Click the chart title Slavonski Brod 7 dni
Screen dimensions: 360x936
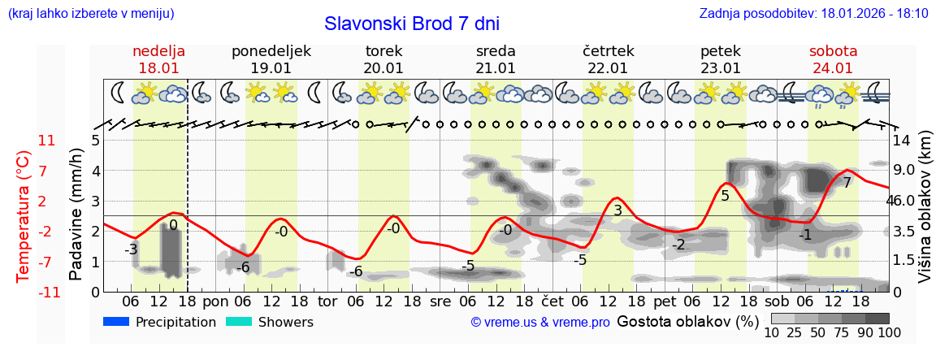[412, 24]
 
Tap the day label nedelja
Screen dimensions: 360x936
[159, 50]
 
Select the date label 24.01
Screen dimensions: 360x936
[832, 68]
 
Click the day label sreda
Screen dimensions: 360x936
[496, 50]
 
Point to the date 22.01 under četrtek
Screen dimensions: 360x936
[608, 68]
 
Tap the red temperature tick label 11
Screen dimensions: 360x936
[47, 141]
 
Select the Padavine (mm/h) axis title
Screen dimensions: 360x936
[76, 215]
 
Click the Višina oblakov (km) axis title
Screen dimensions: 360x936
[925, 208]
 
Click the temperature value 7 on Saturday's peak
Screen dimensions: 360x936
[847, 183]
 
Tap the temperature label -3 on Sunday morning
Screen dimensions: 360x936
[131, 249]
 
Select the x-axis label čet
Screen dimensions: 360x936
[552, 301]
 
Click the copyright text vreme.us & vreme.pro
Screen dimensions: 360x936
[540, 323]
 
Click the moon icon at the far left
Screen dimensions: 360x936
[119, 93]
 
